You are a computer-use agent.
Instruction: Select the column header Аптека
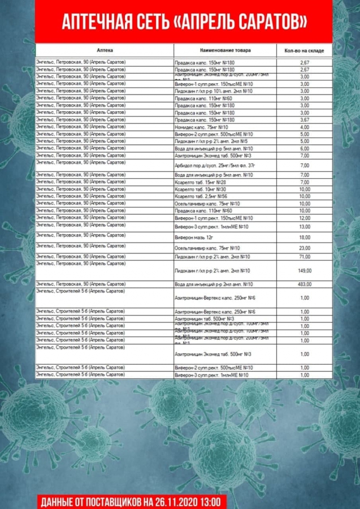[x=105, y=50]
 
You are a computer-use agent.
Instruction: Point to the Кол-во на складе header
[x=304, y=51]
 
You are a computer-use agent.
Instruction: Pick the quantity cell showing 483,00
[x=305, y=284]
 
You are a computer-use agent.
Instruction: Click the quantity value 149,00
[x=305, y=270]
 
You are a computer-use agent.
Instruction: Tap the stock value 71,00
[x=305, y=257]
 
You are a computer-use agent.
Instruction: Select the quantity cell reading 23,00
[x=305, y=248]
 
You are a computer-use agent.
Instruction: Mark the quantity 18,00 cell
[x=305, y=238]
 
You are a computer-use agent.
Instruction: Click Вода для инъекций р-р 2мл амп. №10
[x=214, y=284]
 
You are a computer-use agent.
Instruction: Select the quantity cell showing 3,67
[x=305, y=120]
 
